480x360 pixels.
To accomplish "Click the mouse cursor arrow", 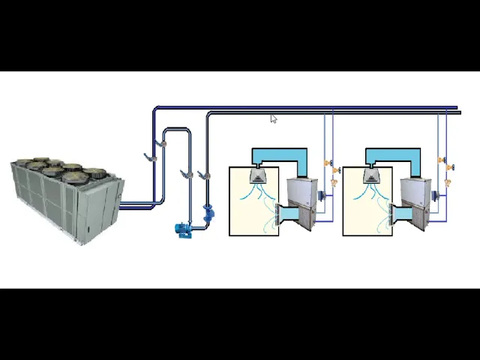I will [x=273, y=118].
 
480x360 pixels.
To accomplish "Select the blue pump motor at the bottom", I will [x=183, y=229].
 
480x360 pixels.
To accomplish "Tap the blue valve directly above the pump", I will [x=208, y=212].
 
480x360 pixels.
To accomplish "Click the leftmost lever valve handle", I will [x=150, y=157].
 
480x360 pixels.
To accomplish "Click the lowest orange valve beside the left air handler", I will [x=334, y=182].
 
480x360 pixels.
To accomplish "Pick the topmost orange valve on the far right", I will [x=442, y=160].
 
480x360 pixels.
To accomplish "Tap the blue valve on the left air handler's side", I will [x=321, y=196].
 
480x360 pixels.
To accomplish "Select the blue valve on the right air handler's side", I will [x=435, y=196].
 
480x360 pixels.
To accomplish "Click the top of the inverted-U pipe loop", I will [x=177, y=130].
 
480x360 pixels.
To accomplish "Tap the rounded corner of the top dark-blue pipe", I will [x=156, y=109].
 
